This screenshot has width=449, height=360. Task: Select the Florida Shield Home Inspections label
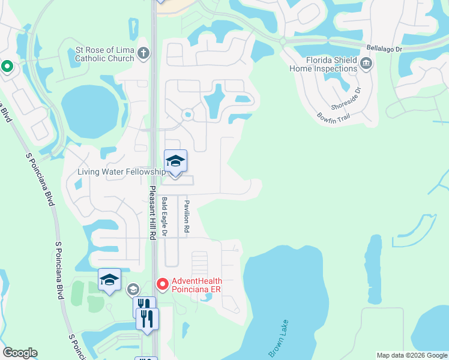[x=324, y=65]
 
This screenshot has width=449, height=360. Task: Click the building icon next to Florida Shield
[x=366, y=63]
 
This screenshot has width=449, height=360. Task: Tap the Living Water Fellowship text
[x=121, y=172]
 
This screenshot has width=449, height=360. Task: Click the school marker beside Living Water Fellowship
[x=175, y=162]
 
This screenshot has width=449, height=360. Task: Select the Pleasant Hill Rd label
[x=152, y=213]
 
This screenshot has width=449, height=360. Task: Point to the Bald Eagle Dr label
[x=165, y=215]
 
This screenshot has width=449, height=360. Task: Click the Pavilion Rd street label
[x=187, y=217]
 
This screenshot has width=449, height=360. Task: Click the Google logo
[x=20, y=353]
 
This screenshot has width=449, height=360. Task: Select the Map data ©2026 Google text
[x=412, y=355]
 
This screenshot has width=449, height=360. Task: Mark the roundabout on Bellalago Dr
[x=282, y=41]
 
